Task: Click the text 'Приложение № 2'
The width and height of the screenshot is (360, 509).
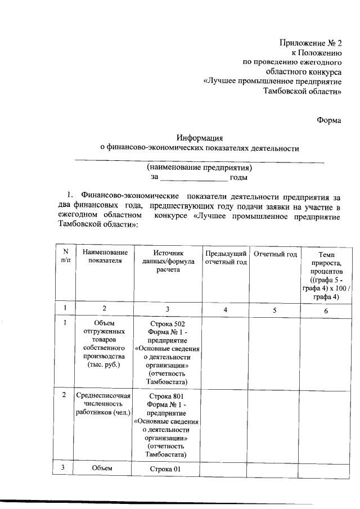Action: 311,43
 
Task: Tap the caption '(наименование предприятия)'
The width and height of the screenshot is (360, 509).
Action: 200,168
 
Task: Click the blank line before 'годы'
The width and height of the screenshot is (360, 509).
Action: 193,178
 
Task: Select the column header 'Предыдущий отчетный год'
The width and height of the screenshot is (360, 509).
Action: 226,258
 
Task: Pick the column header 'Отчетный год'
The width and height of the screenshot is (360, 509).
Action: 275,254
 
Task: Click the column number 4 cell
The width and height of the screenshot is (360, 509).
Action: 226,309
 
